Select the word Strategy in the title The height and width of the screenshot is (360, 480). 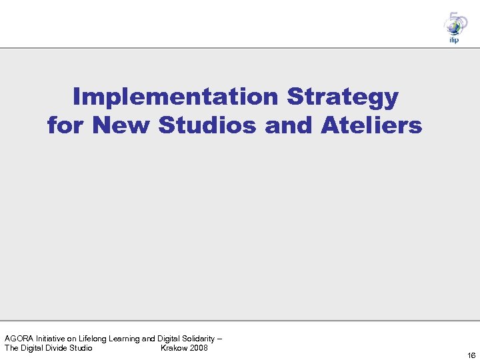point(343,98)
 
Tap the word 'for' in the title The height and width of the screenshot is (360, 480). point(66,125)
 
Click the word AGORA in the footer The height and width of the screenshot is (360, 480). point(18,339)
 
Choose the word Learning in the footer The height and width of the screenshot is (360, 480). point(127,339)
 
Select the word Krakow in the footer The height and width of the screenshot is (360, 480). point(173,348)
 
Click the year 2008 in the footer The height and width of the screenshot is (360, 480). point(198,348)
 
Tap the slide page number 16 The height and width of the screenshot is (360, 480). point(471,355)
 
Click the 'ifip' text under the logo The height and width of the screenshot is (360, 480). point(453,40)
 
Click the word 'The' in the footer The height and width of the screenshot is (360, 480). point(12,348)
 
